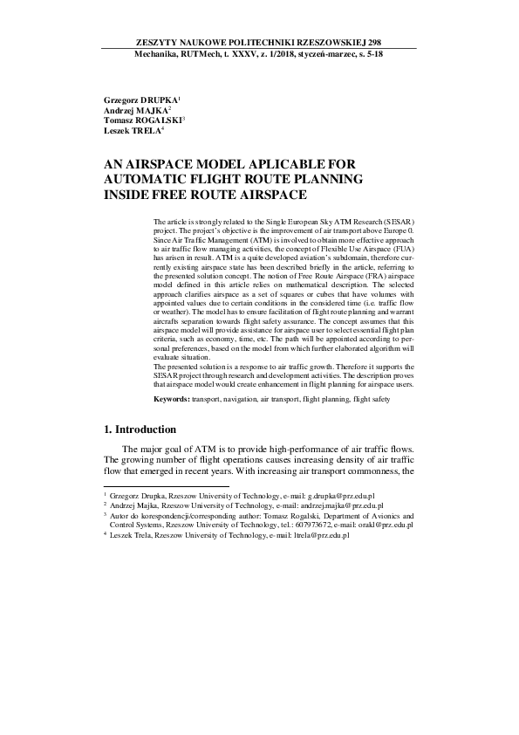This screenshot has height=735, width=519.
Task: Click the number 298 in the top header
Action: point(372,41)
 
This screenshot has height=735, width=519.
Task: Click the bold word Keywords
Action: point(171,398)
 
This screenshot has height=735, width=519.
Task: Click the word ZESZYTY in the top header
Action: point(156,41)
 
